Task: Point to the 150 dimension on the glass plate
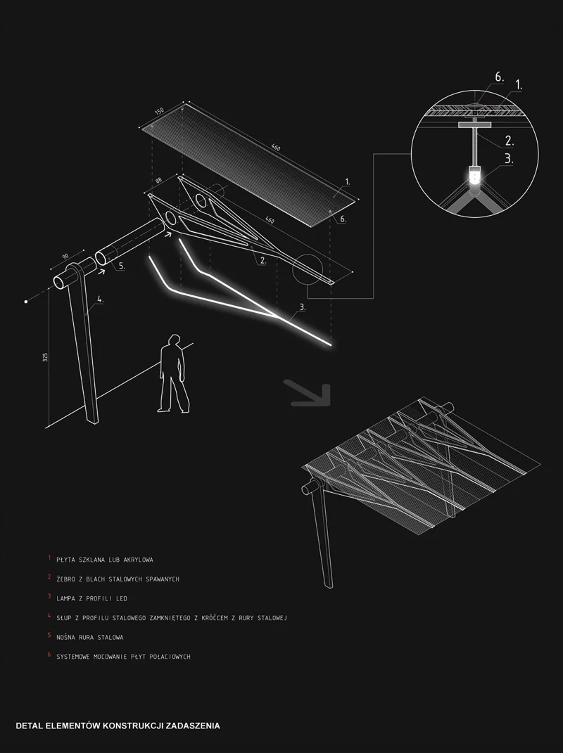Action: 159,113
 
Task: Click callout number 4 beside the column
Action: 100,300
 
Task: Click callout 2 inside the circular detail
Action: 509,141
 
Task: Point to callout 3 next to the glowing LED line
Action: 302,307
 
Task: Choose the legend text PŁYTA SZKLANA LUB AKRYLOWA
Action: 105,560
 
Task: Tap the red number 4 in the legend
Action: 50,617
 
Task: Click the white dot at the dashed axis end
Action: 26,302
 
